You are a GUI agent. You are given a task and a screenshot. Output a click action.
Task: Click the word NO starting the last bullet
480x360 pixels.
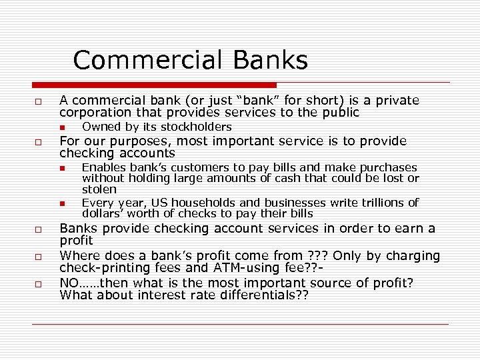[69, 283]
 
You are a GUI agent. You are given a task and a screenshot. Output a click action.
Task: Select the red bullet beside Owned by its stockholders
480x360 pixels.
[61, 127]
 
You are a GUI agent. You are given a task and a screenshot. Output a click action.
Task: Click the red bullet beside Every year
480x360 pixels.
[61, 203]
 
